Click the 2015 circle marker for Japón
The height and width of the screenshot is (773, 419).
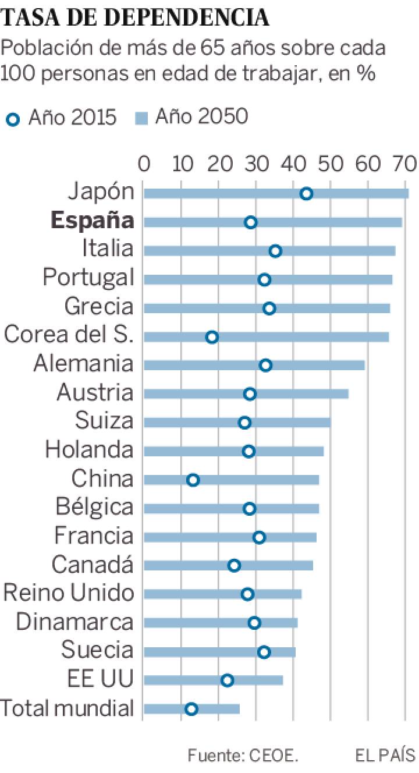(306, 194)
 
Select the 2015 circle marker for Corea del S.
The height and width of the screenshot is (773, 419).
(212, 337)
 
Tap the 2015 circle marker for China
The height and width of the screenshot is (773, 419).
(193, 480)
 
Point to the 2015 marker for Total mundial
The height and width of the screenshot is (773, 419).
(191, 708)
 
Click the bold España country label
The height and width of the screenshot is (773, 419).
(93, 221)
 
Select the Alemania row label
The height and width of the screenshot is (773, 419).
(83, 364)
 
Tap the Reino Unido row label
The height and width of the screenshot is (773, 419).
(69, 593)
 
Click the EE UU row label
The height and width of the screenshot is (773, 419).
(101, 679)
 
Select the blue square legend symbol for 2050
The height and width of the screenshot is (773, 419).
(141, 119)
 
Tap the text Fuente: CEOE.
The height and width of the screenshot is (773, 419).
(243, 756)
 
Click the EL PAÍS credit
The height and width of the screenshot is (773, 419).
(385, 756)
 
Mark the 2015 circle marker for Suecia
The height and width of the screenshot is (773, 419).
(264, 651)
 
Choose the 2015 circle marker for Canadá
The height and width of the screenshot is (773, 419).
(234, 565)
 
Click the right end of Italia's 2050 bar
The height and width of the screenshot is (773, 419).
(395, 251)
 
